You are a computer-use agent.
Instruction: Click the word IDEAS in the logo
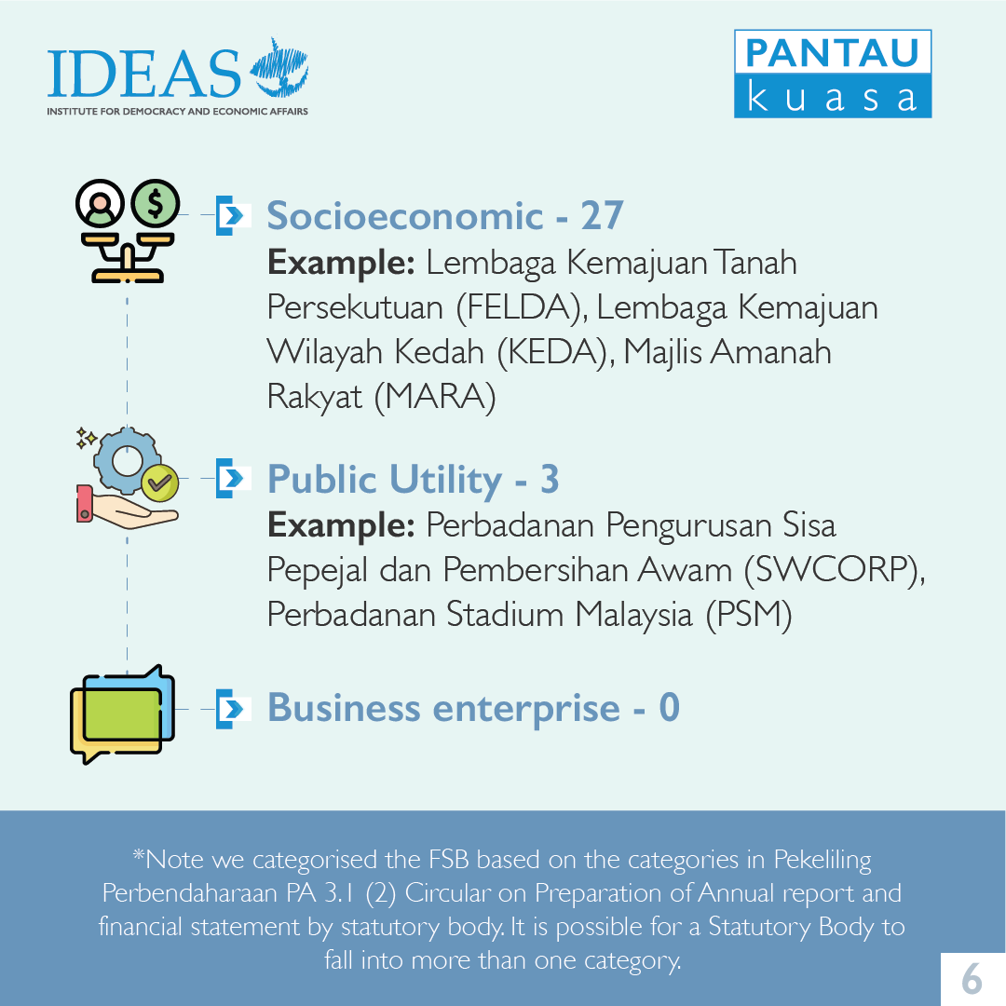143,74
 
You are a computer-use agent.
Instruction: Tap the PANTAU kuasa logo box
833,74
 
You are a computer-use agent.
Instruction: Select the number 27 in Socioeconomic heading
602,215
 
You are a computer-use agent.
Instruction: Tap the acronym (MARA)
435,397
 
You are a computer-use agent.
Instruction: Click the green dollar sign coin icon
156,203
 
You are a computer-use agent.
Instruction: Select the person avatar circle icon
100,203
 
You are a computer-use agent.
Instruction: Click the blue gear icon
127,461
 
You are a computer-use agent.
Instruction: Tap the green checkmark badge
160,483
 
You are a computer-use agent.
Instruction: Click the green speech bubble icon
122,714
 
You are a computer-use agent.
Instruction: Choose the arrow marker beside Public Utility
232,478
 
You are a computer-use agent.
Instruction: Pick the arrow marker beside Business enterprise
232,709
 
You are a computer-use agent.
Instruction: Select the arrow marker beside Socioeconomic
232,215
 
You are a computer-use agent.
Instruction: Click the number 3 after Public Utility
550,480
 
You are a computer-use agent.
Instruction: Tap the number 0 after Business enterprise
669,708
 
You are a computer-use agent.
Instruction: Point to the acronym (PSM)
749,615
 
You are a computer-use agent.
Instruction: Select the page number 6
972,979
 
